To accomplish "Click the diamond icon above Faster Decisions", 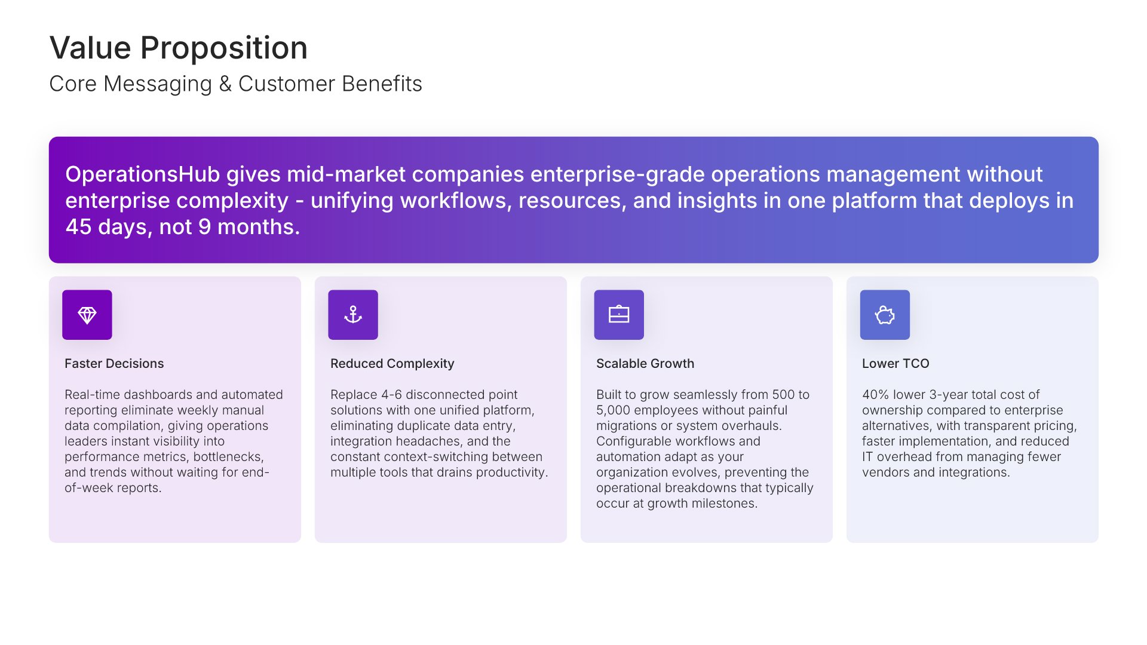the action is [x=87, y=315].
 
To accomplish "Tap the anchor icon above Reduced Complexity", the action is [x=353, y=315].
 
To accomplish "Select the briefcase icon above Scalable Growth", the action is [x=619, y=315].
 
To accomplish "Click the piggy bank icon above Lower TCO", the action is [x=885, y=315].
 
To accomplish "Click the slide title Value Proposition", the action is [x=179, y=48].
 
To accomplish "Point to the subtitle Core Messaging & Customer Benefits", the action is [x=235, y=84].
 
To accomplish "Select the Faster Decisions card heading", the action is [x=114, y=364].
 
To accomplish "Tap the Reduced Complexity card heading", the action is [x=392, y=364].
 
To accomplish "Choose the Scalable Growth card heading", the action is [x=645, y=364].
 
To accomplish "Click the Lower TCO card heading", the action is [x=895, y=364].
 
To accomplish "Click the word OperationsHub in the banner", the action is [x=142, y=174].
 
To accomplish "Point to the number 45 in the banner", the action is [x=78, y=227].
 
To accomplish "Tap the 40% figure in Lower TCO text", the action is [x=875, y=395].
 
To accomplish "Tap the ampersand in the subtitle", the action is [x=225, y=84].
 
